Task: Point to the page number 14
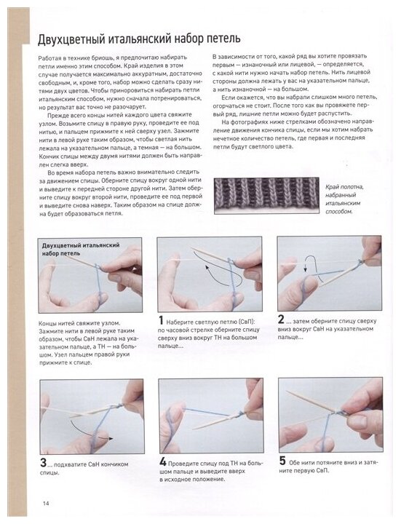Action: [x=46, y=504]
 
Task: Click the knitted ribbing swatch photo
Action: [x=266, y=196]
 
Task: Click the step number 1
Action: [x=161, y=320]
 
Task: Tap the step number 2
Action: [x=281, y=319]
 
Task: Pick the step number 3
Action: [x=44, y=463]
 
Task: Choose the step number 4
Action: [x=163, y=462]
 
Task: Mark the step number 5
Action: [x=282, y=461]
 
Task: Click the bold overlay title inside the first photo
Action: [x=81, y=250]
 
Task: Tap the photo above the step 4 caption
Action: [x=211, y=416]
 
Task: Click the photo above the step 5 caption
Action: [x=331, y=415]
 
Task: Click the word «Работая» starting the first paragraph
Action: [x=49, y=57]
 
